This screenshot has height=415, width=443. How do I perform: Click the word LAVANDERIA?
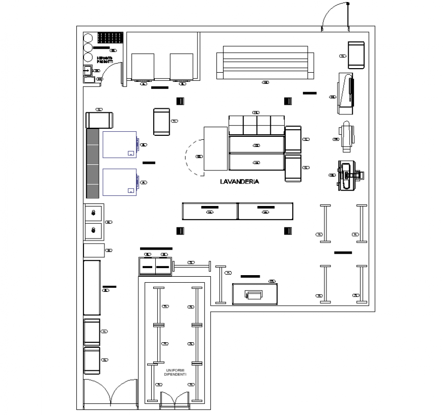(x=240, y=182)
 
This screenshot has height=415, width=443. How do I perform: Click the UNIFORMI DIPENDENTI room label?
(x=176, y=372)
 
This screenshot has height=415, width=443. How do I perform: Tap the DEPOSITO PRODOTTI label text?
(x=104, y=61)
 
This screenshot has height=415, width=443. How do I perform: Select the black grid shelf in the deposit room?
(x=110, y=38)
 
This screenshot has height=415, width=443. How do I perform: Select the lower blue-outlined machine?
(x=120, y=182)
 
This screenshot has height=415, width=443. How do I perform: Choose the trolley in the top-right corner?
(x=356, y=54)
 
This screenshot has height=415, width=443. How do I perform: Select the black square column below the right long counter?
(x=288, y=231)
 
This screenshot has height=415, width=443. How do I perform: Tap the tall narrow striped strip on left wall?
(x=92, y=163)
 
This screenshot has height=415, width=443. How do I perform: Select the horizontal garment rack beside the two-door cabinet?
(x=192, y=265)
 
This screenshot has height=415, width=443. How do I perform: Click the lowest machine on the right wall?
(x=349, y=175)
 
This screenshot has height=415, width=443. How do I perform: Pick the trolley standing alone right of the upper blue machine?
(x=161, y=122)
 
